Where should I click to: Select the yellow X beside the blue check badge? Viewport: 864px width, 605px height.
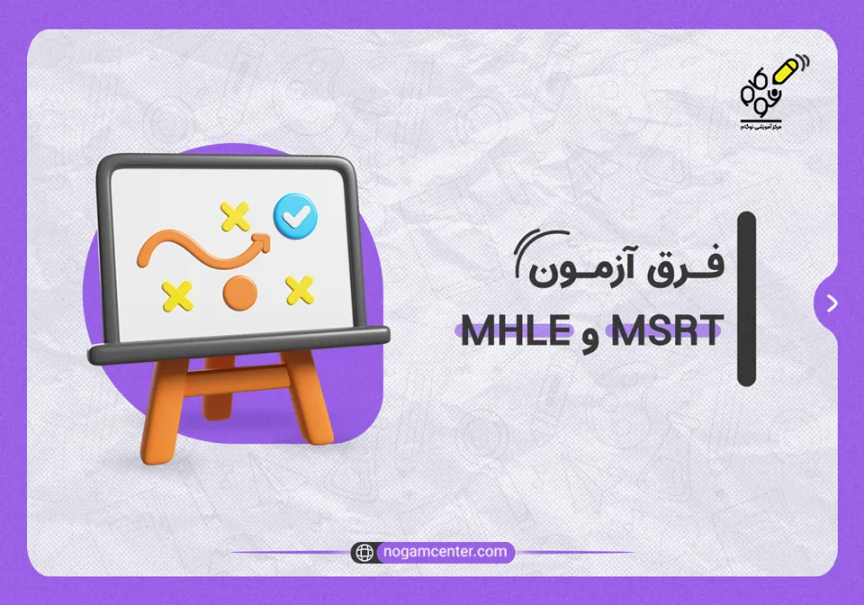click(236, 216)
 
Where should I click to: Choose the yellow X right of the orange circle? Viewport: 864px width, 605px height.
click(299, 289)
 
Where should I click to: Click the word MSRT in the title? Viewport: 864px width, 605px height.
click(665, 331)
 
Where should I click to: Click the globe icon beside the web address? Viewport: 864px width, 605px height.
click(364, 552)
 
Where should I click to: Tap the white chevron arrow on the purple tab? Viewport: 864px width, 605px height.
click(832, 303)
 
